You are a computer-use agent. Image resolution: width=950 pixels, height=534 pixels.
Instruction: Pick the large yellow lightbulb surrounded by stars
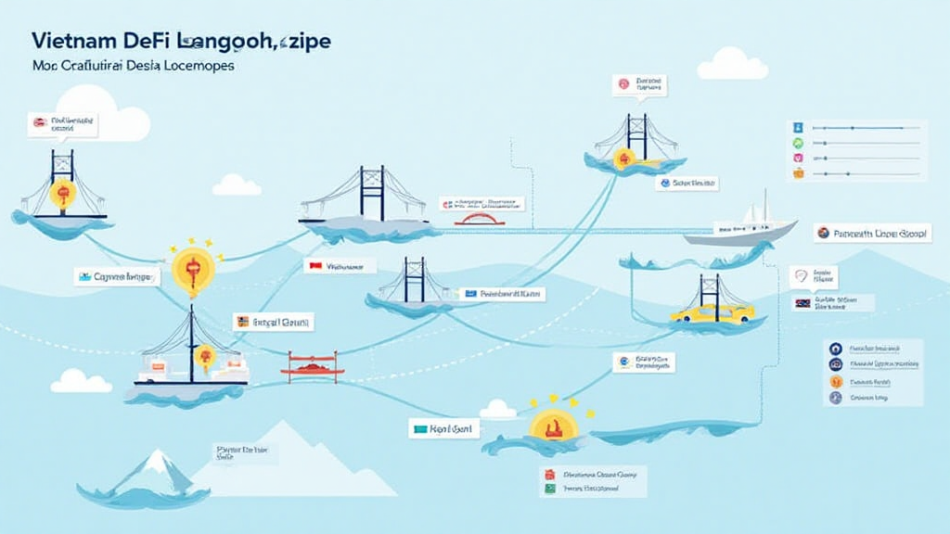(193, 270)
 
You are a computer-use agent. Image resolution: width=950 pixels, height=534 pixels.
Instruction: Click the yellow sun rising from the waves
(553, 426)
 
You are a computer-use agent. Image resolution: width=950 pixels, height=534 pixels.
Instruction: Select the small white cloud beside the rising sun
(498, 409)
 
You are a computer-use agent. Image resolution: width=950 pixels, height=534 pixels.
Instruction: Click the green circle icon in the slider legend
(797, 144)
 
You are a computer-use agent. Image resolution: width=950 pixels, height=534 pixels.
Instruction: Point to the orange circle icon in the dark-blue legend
(835, 381)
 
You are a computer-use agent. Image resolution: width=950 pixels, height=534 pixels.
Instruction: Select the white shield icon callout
(801, 276)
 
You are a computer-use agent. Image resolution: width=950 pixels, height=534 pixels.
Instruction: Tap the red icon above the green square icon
(548, 473)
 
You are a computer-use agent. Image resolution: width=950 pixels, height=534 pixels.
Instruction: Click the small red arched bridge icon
(479, 219)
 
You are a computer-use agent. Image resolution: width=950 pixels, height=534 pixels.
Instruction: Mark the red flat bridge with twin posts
(313, 366)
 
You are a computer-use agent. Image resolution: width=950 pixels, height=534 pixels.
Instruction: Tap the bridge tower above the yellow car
(711, 290)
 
